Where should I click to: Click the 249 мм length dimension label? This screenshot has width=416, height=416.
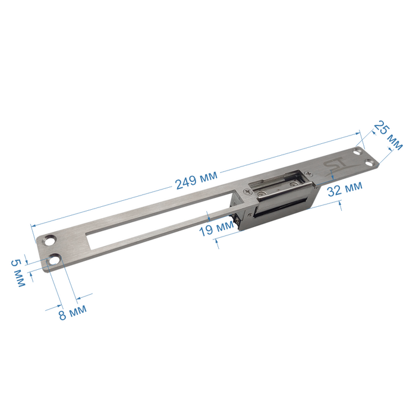pos(196,180)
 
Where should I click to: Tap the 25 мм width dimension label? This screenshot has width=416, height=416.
pos(389,135)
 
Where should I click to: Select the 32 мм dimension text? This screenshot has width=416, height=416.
pos(345,188)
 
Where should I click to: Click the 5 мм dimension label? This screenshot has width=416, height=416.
pos(18,273)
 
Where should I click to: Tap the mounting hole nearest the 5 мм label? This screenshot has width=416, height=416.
pos(53,259)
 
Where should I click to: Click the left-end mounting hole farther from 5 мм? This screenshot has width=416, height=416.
pos(49,240)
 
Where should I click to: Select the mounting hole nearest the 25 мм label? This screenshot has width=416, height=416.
pos(358,152)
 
